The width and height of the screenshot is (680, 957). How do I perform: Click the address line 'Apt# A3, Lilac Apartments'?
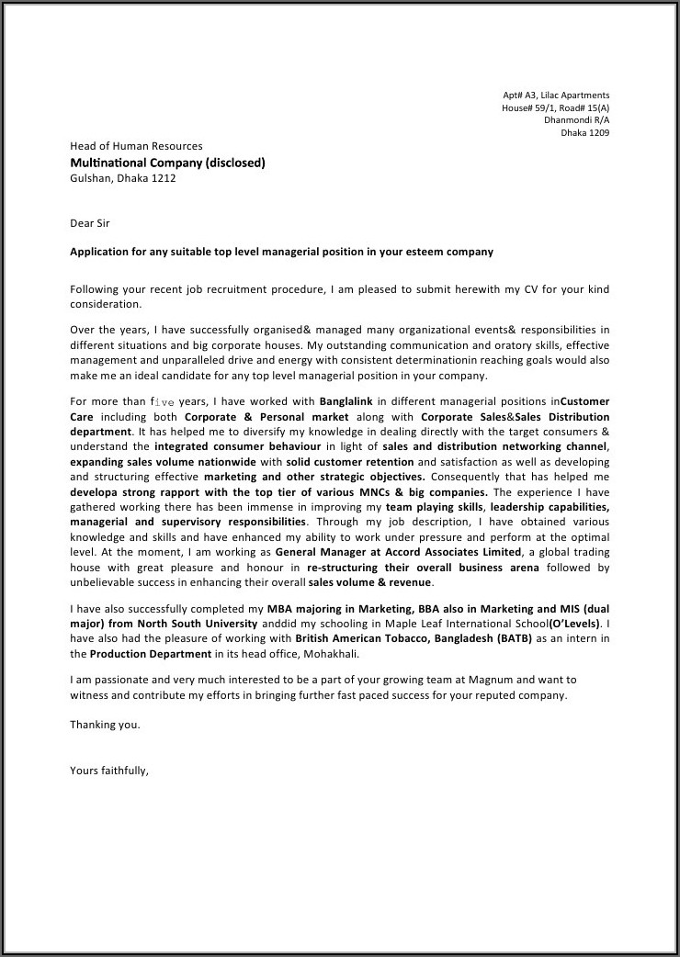555,96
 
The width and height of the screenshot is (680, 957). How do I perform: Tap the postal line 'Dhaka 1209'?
585,132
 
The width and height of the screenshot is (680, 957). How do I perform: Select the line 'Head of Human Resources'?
136,146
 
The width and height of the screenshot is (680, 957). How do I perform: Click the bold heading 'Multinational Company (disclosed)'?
167,163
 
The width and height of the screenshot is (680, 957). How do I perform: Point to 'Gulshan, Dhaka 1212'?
122,178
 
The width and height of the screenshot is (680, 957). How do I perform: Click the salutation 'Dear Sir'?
90,222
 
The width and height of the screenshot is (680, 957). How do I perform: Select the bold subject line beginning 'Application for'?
281,252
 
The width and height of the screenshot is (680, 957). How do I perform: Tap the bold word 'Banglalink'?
348,401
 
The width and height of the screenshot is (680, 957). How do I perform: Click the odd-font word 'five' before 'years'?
162,402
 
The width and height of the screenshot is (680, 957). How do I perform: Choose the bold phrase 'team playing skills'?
435,507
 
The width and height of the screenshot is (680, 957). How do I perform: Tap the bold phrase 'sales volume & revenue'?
369,582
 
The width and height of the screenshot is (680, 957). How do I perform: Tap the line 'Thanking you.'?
105,725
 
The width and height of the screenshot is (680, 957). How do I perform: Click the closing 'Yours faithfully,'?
108,771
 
